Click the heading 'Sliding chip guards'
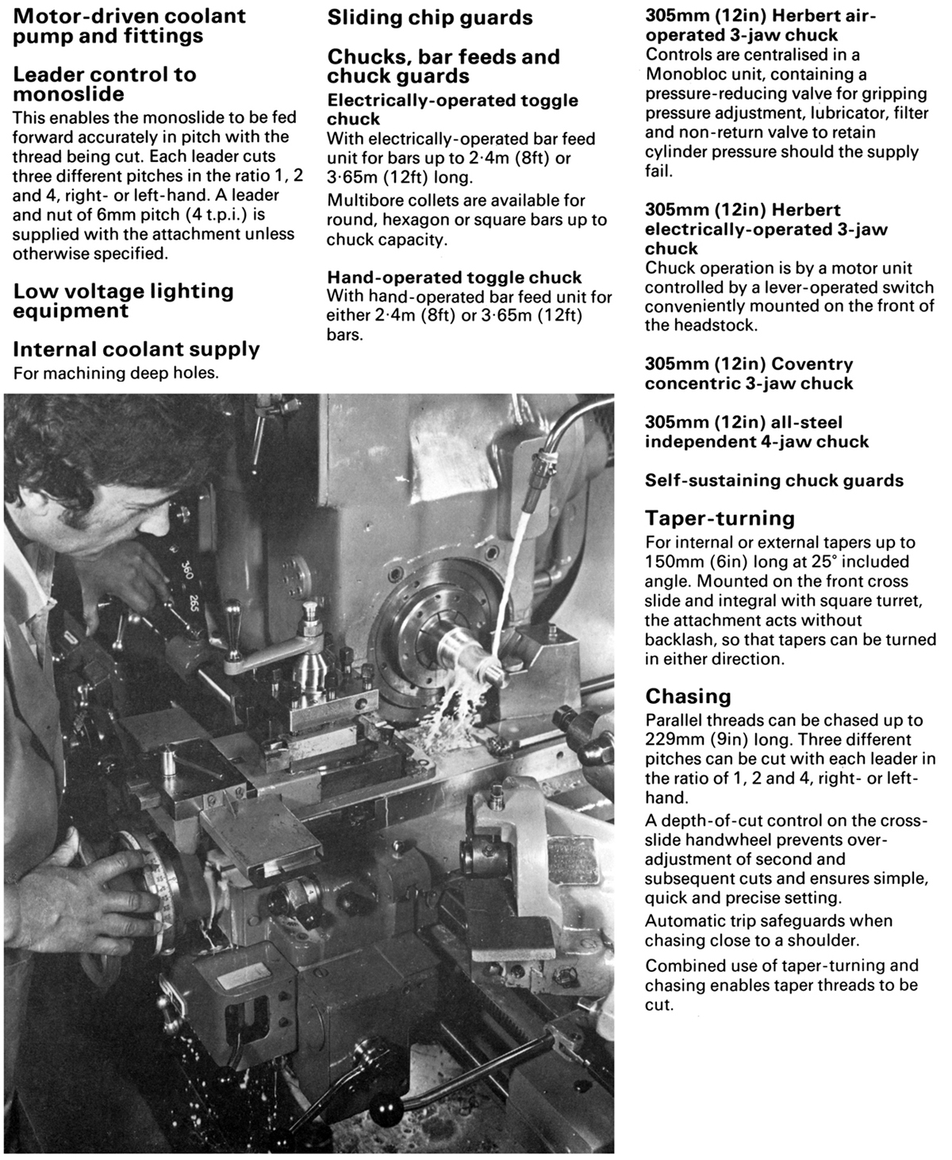pyautogui.click(x=430, y=17)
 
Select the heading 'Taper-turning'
pyautogui.click(x=720, y=519)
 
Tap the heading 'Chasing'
pyautogui.click(x=688, y=697)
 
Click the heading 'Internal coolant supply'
pyautogui.click(x=136, y=349)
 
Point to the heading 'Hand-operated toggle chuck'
pyautogui.click(x=455, y=278)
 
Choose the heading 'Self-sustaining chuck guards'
pyautogui.click(x=774, y=480)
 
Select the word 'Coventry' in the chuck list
pyautogui.click(x=812, y=364)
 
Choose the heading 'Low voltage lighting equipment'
pyautogui.click(x=123, y=301)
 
